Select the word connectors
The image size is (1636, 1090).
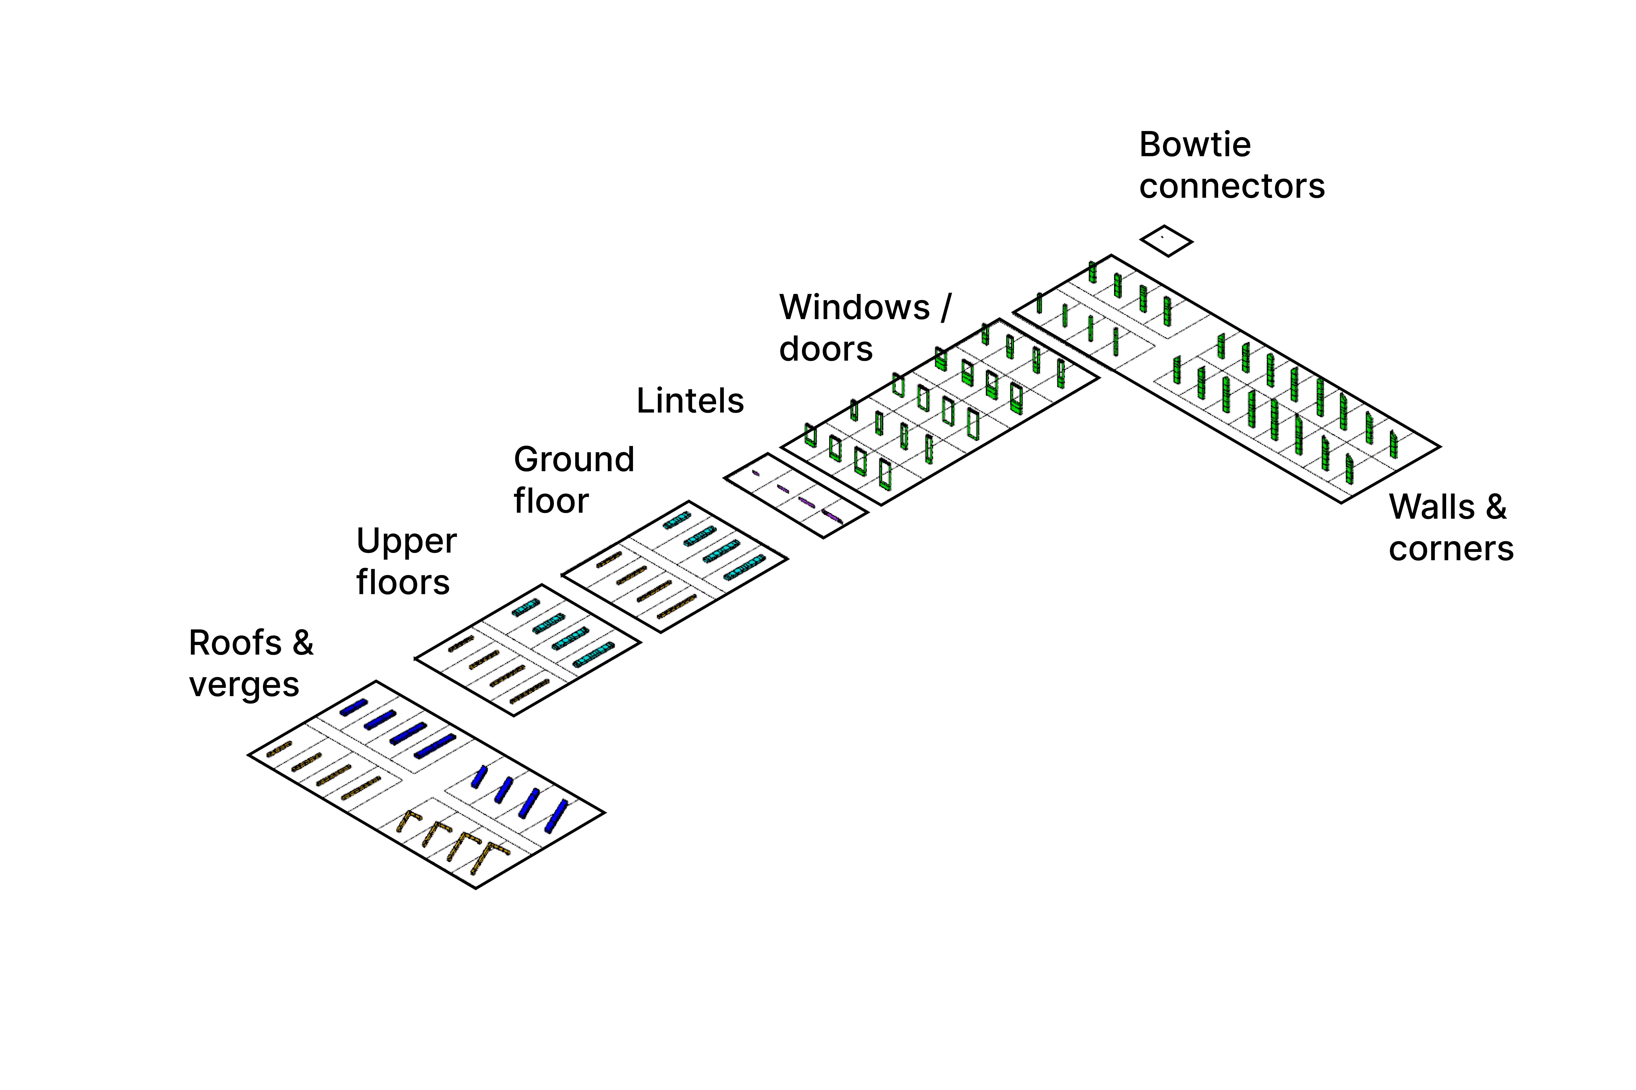pos(1231,186)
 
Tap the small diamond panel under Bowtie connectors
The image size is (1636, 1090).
pos(1166,240)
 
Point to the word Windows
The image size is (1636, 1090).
pos(854,307)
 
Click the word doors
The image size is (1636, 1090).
pos(825,349)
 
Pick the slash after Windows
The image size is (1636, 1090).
pos(945,307)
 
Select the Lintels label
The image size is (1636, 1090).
pos(690,401)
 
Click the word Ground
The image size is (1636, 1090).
pos(574,459)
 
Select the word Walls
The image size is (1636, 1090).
pos(1431,507)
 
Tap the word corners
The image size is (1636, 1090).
pos(1450,549)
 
